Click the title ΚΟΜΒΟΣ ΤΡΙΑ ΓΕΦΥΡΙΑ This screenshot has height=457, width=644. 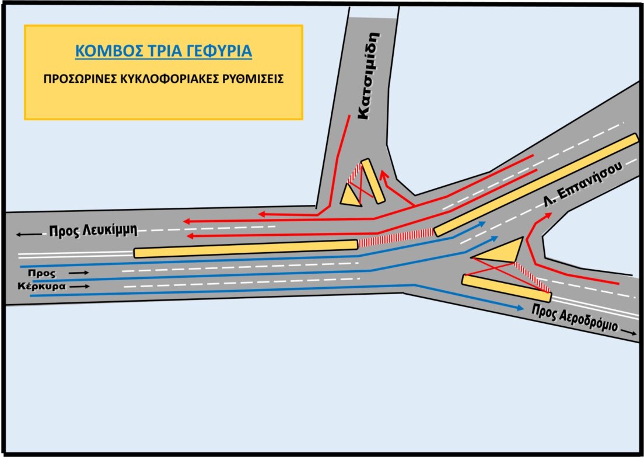163,51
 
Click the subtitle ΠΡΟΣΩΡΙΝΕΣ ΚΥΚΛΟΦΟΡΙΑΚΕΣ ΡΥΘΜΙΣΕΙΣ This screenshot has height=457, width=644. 163,79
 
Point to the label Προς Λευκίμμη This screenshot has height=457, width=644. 93,230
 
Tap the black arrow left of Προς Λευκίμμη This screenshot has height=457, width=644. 29,234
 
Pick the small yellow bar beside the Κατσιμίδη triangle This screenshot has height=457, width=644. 373,182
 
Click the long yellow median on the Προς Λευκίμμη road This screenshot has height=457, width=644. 245,249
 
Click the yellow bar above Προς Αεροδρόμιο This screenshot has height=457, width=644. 506,288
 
